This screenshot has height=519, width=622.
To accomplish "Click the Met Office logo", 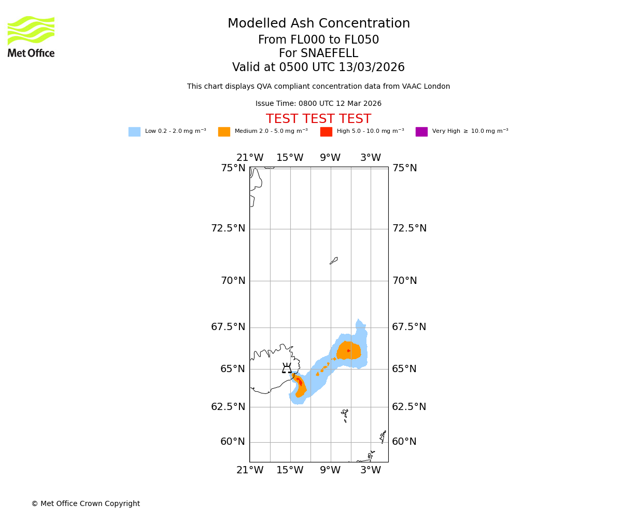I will pos(31,36).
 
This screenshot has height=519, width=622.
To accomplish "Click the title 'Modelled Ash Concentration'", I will pos(319,24).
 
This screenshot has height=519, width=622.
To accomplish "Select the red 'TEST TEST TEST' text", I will pos(318,119).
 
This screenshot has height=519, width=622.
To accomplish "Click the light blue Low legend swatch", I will pos(134,132).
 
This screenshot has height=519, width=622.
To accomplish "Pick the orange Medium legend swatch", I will pos(224,132).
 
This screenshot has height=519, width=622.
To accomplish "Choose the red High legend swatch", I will pos(326,132).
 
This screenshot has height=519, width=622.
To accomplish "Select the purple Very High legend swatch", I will pos(421,132).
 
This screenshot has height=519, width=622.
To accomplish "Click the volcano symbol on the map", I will pos(287,368).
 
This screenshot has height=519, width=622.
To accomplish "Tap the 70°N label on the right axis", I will pos(404,281).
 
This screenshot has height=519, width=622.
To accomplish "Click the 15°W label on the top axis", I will pos(290,158).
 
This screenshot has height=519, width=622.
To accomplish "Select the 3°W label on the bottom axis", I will pos(371,470).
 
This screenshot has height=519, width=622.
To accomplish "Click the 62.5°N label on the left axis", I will pos(228,406).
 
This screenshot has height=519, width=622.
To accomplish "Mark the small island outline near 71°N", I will pos(334,261).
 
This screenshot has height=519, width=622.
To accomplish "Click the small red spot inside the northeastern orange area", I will pos(349,351).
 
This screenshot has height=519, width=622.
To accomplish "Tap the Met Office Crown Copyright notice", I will pos(86,503).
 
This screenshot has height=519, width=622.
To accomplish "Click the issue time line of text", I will pos(318,104).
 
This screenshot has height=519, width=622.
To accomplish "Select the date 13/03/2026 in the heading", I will pos(372,67).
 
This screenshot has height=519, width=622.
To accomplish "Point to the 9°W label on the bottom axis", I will pos(330,470).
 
